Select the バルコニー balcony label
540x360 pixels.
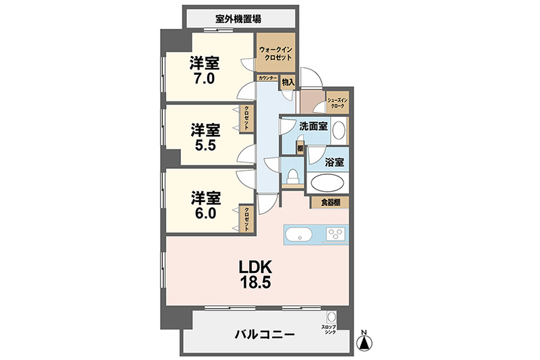264,334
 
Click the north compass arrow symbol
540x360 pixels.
363,342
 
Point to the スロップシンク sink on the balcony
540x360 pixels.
331,318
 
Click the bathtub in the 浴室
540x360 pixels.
327,183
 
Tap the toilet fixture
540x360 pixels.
292,178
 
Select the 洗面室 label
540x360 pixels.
314,126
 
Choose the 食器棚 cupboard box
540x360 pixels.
330,202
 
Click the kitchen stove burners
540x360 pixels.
335,234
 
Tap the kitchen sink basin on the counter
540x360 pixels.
298,235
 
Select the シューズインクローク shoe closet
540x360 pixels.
337,103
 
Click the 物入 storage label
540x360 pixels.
288,82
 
